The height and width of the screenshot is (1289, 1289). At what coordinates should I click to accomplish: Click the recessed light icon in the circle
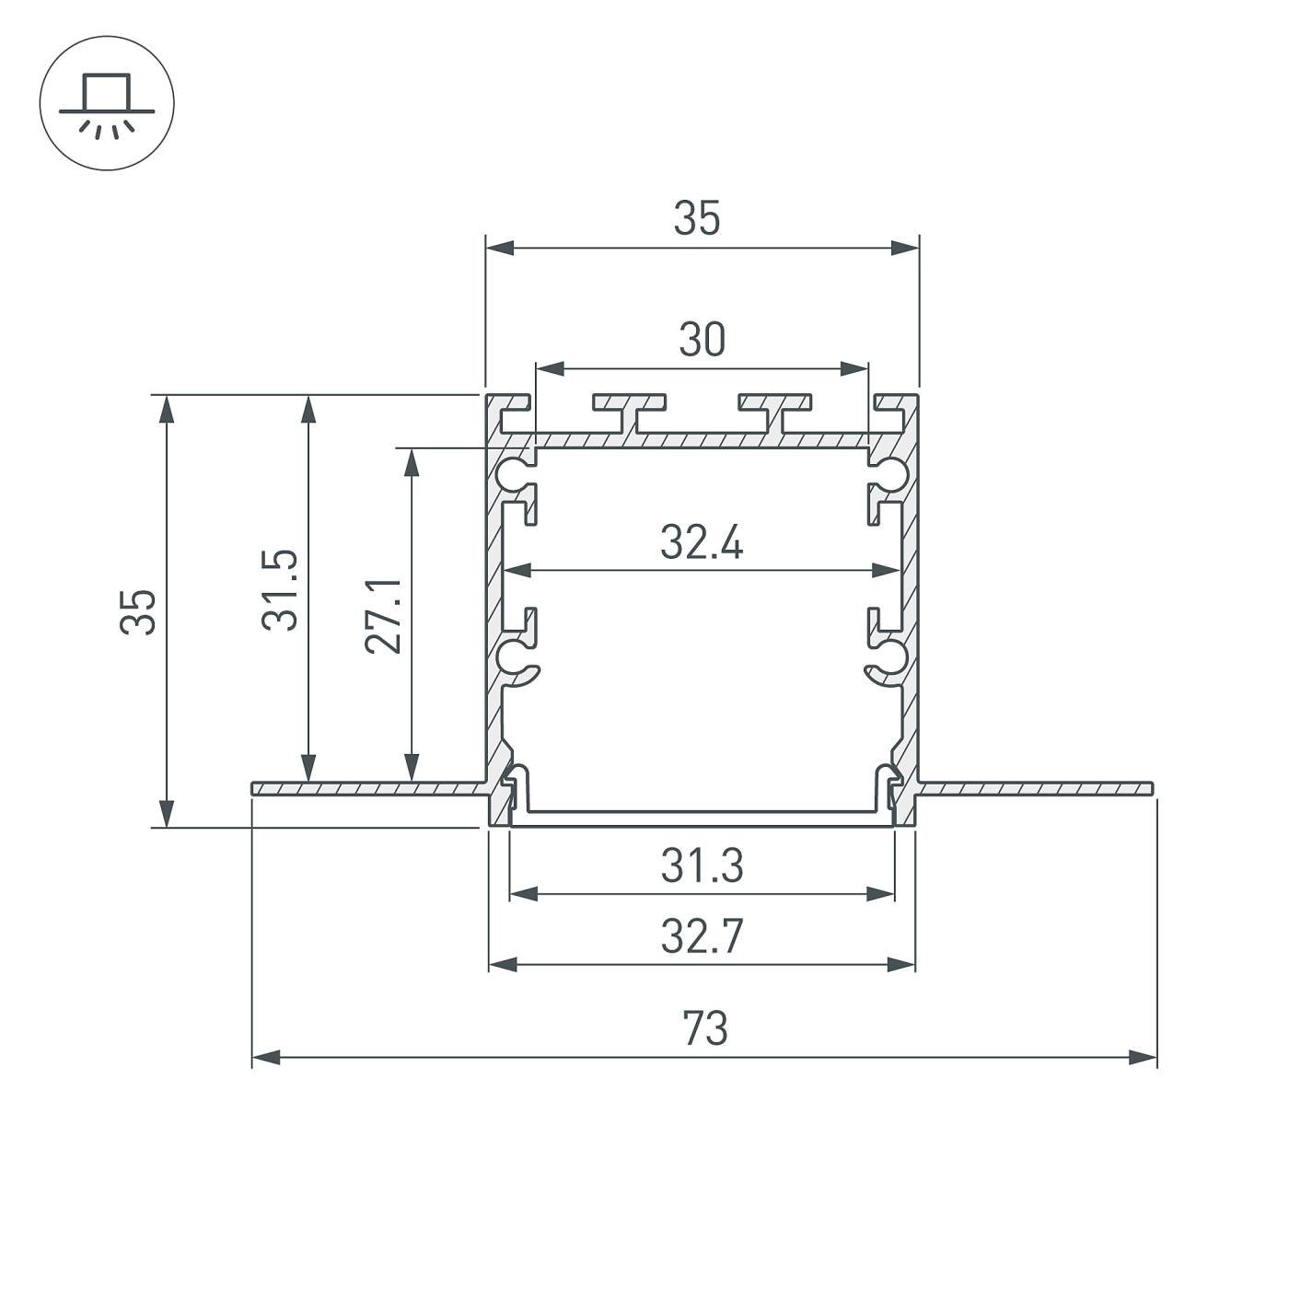point(107,103)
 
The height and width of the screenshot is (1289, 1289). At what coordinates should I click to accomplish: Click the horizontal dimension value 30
point(702,340)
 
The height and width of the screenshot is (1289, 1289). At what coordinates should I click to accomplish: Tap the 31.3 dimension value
point(702,865)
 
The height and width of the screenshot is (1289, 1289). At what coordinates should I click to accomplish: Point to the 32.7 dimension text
point(702,937)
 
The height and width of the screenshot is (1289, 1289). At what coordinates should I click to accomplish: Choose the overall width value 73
point(705,1029)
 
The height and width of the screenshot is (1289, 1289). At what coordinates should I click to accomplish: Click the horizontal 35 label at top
point(697,219)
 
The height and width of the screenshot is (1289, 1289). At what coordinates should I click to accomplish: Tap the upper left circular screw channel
point(511,473)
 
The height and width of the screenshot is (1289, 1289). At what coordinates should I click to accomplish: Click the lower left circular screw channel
point(511,656)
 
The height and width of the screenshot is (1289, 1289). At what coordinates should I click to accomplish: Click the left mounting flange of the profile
point(368,788)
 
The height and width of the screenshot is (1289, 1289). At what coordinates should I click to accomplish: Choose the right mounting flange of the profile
point(1036,788)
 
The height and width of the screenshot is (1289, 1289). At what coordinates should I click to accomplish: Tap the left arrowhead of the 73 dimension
point(265,1058)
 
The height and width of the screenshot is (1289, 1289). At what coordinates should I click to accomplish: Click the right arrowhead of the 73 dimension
point(1144,1058)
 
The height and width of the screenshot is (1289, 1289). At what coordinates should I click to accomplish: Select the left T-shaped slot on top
point(630,410)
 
